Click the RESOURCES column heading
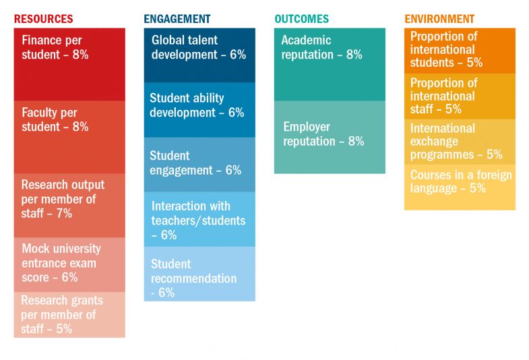pos(43,19)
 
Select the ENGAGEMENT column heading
pos(177,19)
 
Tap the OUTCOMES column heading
pos(301,19)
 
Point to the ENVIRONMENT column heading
pos(439,19)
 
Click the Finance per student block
pos(69,64)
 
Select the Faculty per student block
pos(69,137)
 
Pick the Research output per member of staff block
pos(69,205)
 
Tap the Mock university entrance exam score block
pos(69,264)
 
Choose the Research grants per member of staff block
pos(69,314)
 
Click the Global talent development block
pos(199,55)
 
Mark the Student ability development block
pos(199,110)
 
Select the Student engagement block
pos(199,164)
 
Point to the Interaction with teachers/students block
pos(199,219)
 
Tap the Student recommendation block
pos(199,274)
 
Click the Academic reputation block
pos(330,64)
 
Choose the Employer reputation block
pos(330,137)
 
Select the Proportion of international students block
pos(460,51)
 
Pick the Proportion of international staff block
pos(460,96)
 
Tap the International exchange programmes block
pos(460,142)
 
